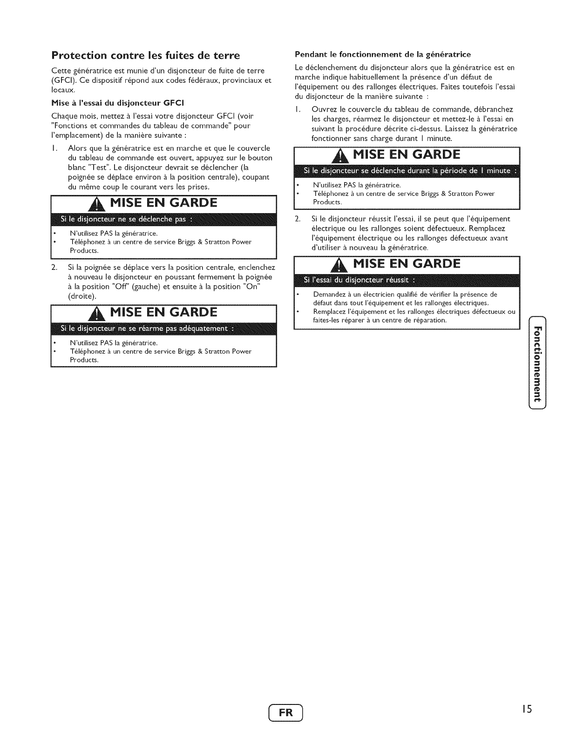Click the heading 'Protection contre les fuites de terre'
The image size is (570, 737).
tap(146, 56)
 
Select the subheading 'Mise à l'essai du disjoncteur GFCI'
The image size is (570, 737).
tap(112, 103)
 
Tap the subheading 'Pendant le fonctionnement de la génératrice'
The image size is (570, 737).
tap(383, 54)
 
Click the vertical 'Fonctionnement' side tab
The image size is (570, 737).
tap(537, 362)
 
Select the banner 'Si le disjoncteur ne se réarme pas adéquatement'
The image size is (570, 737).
tap(148, 329)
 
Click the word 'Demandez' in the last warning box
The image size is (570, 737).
tap(328, 295)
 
